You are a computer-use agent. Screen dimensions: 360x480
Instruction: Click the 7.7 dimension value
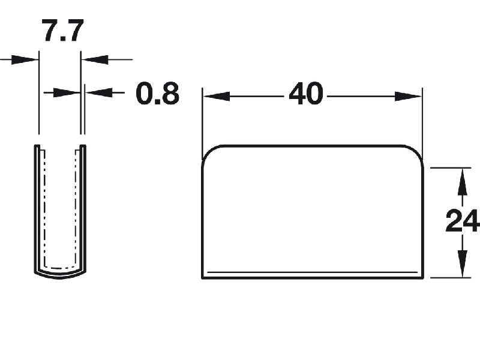[62, 31]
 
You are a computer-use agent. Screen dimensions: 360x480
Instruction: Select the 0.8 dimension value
[157, 94]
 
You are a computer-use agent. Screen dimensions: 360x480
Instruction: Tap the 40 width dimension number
[306, 94]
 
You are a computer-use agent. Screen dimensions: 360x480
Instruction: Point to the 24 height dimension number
[462, 221]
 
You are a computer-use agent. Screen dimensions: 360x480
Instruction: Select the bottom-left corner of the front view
[203, 277]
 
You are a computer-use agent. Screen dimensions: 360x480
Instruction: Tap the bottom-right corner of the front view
[424, 277]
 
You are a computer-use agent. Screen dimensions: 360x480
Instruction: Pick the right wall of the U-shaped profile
[83, 210]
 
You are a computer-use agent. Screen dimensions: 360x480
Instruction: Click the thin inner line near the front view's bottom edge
[312, 272]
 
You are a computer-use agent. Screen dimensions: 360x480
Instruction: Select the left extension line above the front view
[203, 120]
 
